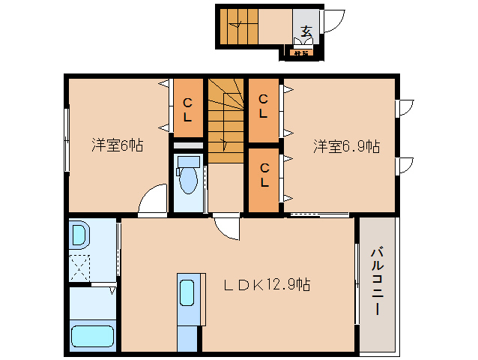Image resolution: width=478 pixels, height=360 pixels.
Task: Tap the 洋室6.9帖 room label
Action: click(346, 145)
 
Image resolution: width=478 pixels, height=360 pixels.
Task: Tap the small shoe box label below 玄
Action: click(302, 52)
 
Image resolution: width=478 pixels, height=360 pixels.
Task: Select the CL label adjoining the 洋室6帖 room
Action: click(187, 111)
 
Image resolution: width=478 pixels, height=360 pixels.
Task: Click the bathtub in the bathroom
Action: click(92, 336)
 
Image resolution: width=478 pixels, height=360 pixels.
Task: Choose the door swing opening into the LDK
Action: click(227, 226)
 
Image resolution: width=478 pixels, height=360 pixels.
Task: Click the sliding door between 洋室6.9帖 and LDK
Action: click(319, 216)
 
